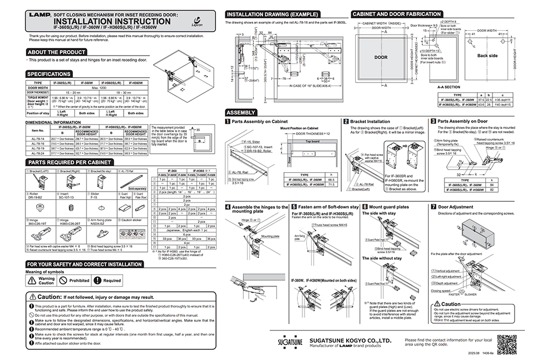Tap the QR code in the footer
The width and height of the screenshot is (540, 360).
507,343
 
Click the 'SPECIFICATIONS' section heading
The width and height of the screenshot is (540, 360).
49,73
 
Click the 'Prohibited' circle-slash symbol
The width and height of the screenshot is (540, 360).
63,281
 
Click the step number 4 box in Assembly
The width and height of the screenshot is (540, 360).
228,207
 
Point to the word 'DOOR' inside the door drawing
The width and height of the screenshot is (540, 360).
381,57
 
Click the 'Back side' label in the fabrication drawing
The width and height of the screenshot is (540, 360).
488,56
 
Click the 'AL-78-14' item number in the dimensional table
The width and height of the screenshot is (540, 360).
37,138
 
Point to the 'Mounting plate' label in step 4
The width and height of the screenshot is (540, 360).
268,236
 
